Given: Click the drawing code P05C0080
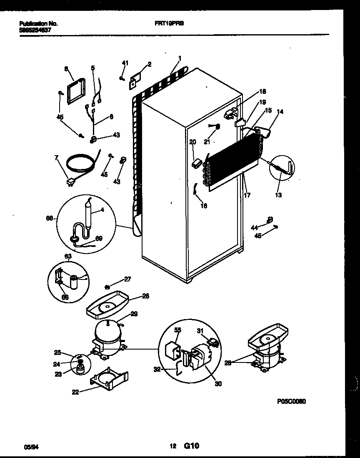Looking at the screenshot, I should click(291, 401).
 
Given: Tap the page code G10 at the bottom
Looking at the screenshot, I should click(191, 446).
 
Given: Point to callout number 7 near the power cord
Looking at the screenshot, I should click(57, 158).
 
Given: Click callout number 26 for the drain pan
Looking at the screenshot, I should click(145, 296).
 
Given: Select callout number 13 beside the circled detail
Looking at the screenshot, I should click(278, 194).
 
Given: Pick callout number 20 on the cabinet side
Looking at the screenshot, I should click(192, 142).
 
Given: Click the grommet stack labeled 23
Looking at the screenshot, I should click(79, 367).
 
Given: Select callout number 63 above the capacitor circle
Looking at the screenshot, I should click(68, 256).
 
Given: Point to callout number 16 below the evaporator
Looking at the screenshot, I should click(204, 205).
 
